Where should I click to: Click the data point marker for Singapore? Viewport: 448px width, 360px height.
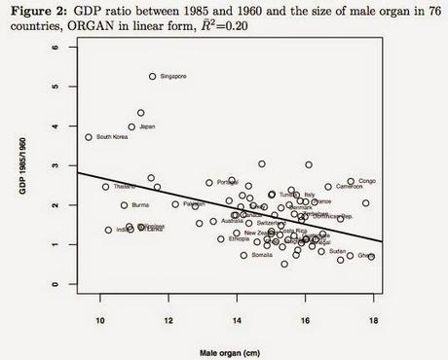pyautogui.click(x=153, y=76)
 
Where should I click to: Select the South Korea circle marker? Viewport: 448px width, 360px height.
pyautogui.click(x=89, y=137)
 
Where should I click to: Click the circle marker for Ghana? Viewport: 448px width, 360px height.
pyautogui.click(x=371, y=257)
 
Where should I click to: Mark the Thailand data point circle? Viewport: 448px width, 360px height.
pyautogui.click(x=106, y=187)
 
